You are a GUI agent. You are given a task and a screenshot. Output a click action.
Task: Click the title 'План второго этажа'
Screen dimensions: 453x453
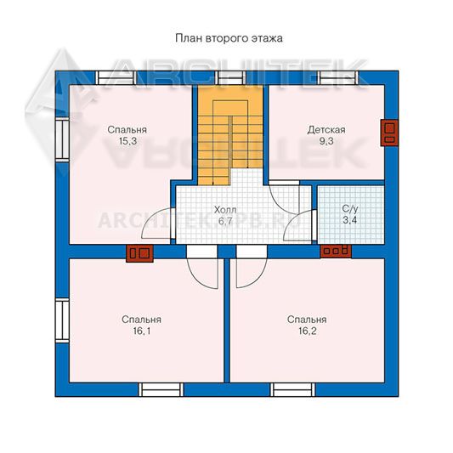(x=229, y=38)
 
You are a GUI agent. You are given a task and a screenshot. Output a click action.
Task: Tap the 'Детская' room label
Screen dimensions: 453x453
(x=326, y=130)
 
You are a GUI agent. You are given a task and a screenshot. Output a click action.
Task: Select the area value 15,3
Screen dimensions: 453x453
(x=127, y=141)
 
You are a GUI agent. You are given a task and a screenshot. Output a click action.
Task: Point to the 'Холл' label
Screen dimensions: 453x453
(x=225, y=210)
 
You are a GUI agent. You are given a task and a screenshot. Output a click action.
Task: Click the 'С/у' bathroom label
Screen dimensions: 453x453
(x=350, y=208)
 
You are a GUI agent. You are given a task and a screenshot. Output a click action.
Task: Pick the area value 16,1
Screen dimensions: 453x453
(x=142, y=331)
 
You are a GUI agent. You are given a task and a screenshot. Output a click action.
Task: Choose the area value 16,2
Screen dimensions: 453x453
(x=308, y=331)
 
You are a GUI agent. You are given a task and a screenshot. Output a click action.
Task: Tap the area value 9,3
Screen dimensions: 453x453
(x=326, y=141)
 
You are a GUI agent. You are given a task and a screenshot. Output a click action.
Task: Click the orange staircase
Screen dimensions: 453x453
(x=230, y=135)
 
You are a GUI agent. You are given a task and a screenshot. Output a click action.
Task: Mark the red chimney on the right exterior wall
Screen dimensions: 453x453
(x=389, y=133)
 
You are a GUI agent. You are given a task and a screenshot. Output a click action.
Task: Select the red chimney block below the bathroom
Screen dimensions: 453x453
(x=336, y=251)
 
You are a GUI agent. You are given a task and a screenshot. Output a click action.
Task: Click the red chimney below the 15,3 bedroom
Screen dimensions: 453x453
(x=139, y=253)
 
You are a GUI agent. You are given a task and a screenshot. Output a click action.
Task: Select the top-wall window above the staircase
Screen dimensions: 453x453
(x=230, y=77)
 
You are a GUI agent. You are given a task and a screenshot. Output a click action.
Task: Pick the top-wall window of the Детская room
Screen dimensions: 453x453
(x=338, y=77)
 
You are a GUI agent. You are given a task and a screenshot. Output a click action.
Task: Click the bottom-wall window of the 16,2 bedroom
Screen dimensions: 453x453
(x=293, y=389)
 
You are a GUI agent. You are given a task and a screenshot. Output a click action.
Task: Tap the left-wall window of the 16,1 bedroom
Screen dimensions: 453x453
(x=62, y=320)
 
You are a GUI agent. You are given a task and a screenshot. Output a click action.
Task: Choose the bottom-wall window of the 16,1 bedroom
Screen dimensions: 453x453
(x=161, y=389)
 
